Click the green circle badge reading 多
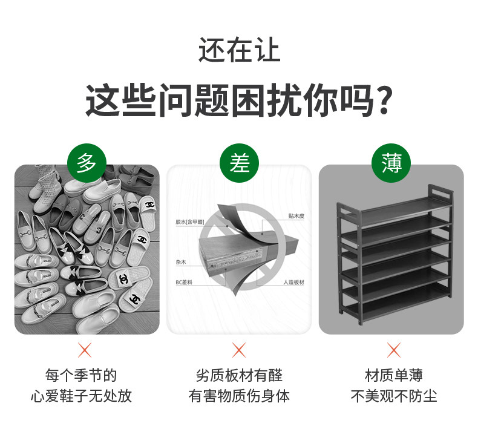[87, 163]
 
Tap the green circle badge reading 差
[240, 163]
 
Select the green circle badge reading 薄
[391, 163]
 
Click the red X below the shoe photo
[85, 350]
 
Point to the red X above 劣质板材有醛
[239, 350]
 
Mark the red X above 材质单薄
[394, 350]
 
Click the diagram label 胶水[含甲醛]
[189, 221]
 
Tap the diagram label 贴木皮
[296, 216]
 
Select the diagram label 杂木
[181, 262]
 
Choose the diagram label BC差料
[184, 283]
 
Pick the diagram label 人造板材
[294, 283]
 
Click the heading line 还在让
[239, 50]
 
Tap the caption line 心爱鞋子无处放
[82, 396]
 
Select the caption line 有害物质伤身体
[239, 396]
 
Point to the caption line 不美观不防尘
[394, 396]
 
